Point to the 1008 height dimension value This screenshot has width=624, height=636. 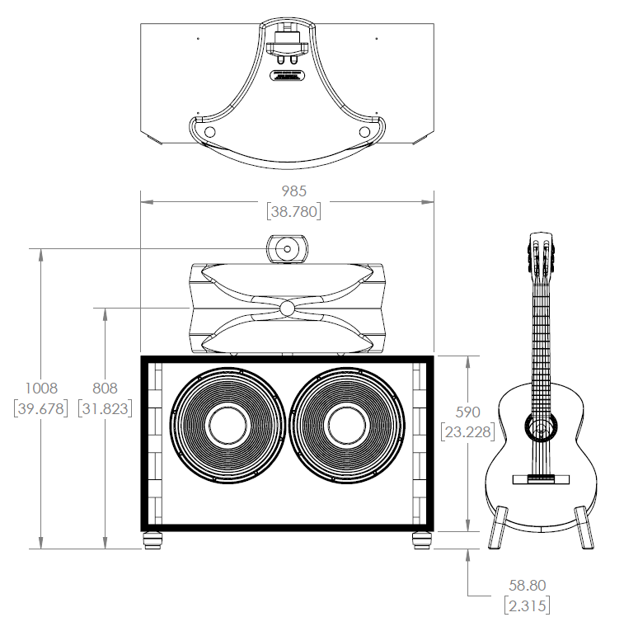click(40, 388)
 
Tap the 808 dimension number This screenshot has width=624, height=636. click(105, 388)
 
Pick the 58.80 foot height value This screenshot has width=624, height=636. click(527, 586)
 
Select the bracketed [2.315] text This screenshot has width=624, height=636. click(527, 605)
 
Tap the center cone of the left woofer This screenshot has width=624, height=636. click(228, 425)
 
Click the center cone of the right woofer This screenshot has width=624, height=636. click(347, 425)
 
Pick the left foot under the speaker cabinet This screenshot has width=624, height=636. click(152, 540)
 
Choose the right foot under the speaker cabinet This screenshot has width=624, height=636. click(421, 540)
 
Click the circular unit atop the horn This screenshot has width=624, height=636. click(287, 248)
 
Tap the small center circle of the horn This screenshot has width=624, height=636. click(287, 308)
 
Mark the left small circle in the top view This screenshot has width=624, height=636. click(209, 132)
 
